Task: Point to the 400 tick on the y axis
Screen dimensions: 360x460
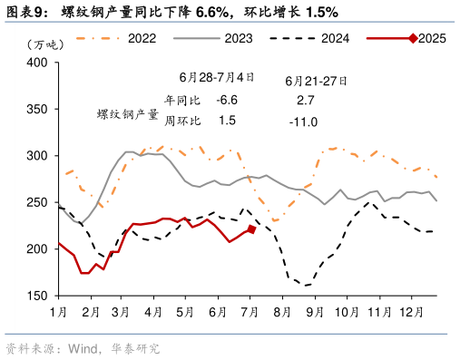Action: tap(36, 63)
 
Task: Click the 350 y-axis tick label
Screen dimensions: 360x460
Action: tap(36, 109)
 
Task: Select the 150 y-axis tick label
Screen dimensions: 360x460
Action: tap(36, 296)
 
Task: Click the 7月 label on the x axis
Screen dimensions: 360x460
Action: tap(248, 312)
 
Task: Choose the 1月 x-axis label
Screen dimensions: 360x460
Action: tap(57, 312)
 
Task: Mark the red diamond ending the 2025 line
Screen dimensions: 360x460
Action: tap(252, 229)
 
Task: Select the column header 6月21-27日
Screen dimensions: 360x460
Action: tap(317, 79)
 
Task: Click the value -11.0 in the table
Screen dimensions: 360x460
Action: tap(303, 122)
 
